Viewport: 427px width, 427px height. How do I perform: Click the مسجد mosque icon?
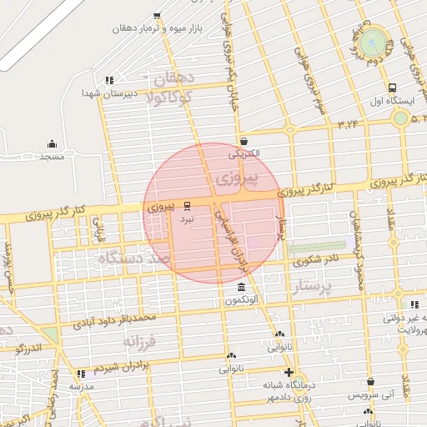(x=52, y=144)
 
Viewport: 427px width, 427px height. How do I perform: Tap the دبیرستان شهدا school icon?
(x=108, y=81)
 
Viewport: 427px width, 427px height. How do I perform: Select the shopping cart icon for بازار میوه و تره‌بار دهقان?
(x=158, y=16)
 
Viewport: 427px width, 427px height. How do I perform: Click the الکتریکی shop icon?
(x=244, y=141)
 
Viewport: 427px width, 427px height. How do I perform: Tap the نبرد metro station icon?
(x=187, y=204)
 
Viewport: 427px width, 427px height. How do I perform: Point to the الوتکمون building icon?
(x=242, y=288)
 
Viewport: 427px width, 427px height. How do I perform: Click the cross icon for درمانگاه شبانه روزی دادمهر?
(x=289, y=372)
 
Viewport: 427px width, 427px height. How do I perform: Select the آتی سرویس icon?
(x=370, y=381)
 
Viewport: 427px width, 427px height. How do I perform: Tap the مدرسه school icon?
(x=81, y=374)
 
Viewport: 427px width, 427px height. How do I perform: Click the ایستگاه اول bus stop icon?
(x=392, y=88)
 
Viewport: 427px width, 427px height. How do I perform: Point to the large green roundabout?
(x=374, y=40)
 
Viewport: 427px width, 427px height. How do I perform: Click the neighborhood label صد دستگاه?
(x=134, y=259)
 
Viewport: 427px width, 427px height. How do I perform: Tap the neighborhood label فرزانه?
(x=141, y=342)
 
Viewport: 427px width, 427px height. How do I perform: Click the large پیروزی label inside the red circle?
(x=236, y=179)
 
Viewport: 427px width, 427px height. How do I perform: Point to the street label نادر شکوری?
(x=318, y=260)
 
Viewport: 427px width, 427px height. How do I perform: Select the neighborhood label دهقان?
(x=174, y=80)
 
